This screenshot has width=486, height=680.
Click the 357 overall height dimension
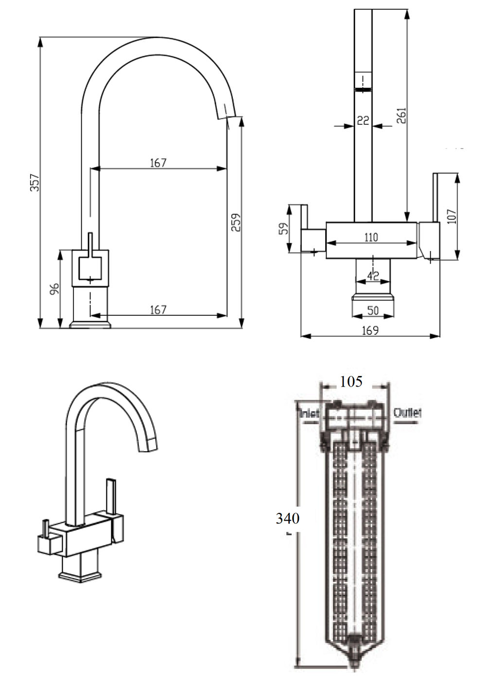click(35, 182)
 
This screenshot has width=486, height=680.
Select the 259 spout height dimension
click(236, 222)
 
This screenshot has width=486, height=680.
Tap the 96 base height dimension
click(54, 289)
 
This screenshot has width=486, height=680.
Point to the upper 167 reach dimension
click(158, 163)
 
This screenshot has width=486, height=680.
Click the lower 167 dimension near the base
click(158, 309)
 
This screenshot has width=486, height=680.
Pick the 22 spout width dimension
click(363, 120)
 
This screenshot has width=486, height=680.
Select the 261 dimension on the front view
click(401, 116)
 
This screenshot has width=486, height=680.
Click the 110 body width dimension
click(371, 237)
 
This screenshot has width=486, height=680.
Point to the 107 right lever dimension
click(451, 217)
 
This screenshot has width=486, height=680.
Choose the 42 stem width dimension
click(373, 276)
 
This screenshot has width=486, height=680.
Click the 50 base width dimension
click(373, 310)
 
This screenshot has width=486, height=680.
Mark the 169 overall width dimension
click(370, 330)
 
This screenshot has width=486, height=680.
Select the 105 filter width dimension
click(351, 382)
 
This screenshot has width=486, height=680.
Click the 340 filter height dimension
click(287, 518)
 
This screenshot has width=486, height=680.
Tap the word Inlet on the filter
click(309, 413)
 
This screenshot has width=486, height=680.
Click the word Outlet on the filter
click(407, 412)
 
